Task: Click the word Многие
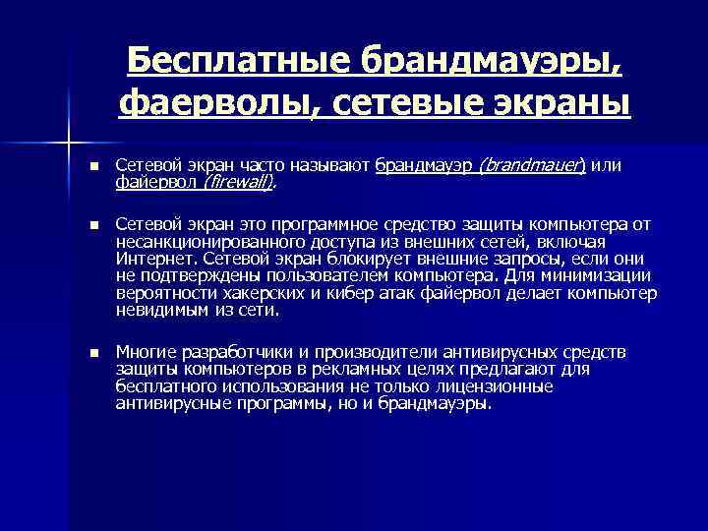point(144,351)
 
